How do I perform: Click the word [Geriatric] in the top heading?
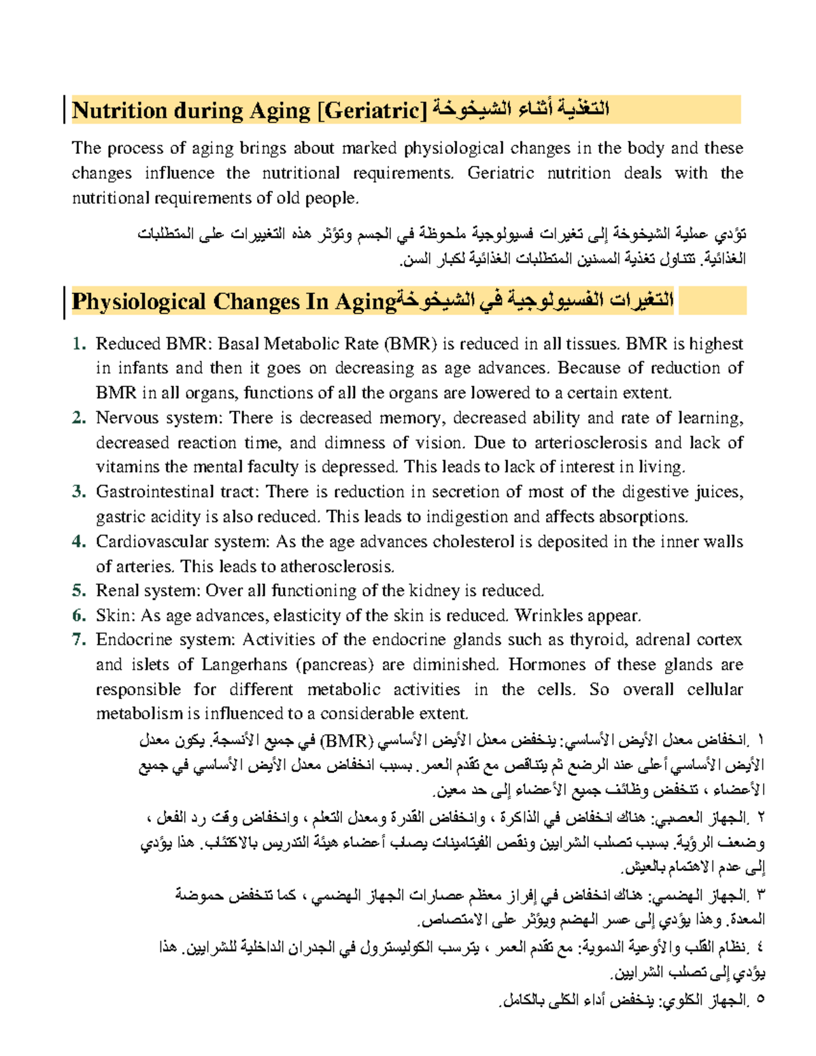[371, 110]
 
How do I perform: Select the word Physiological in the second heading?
[139, 301]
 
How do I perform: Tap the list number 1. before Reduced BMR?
[79, 344]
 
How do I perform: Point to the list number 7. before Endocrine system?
[79, 640]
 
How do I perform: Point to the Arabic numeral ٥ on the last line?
[760, 1000]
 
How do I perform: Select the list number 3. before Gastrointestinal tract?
[79, 492]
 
